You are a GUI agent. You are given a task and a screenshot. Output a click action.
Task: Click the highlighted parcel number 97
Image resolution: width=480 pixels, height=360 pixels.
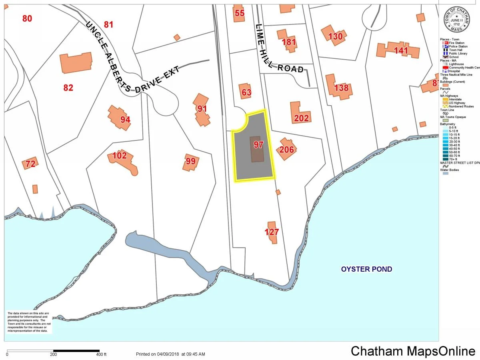coord(258,145)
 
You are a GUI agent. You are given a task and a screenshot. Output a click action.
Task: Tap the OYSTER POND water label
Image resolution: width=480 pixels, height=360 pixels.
coord(366,269)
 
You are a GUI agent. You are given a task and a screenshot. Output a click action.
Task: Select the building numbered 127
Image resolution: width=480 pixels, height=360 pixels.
coord(272,232)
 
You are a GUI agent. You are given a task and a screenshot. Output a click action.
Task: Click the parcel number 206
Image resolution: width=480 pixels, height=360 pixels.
coord(286,150)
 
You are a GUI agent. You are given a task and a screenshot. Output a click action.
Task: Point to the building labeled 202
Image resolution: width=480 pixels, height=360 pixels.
coord(300,113)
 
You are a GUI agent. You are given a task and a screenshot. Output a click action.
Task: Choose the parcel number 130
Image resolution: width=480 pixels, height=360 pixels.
coord(335,36)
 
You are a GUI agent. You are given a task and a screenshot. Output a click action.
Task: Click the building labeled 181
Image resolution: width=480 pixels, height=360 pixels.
coord(288,41)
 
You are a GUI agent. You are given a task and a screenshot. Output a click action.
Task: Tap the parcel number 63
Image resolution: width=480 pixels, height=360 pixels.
coord(246,93)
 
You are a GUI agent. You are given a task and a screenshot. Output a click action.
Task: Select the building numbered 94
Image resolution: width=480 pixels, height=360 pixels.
coord(120,117)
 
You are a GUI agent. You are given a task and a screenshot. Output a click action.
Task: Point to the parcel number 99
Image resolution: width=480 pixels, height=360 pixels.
coord(191,161)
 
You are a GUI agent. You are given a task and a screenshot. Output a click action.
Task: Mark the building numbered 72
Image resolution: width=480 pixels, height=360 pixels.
coord(30,163)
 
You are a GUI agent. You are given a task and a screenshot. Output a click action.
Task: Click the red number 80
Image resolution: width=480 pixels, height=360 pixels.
coord(27,18)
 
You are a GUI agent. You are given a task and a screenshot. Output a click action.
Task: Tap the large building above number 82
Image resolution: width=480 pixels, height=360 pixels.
coord(76,63)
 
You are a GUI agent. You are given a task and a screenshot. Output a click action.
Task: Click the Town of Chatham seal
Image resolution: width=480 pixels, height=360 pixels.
coord(456,21)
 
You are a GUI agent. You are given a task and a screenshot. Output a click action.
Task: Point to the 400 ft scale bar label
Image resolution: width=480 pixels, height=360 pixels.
coord(101,354)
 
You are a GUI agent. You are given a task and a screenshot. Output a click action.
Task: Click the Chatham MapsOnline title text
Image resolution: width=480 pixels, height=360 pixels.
coord(413,351)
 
